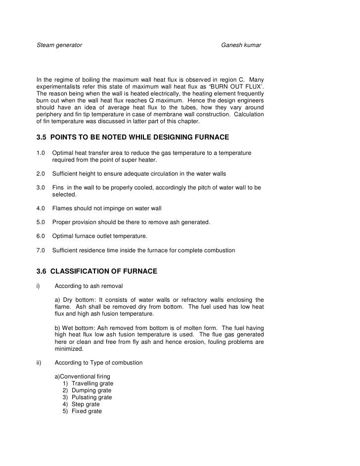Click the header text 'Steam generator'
pos(59,46)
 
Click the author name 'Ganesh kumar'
pos(241,46)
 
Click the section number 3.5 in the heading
pos(43,137)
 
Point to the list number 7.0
pos(41,251)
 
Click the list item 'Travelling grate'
pos(92,383)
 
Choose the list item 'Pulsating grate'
pos(91,397)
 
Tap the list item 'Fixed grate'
pos(87,411)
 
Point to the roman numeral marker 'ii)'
pos(40,363)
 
